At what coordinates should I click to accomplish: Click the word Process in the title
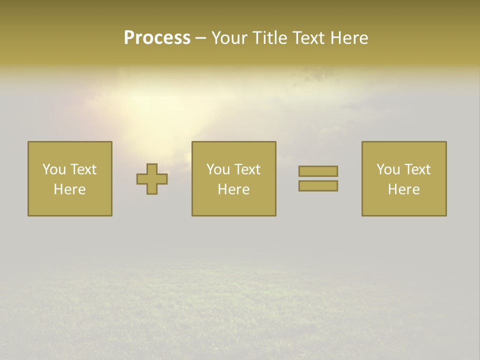click(x=157, y=38)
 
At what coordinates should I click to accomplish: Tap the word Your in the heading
click(x=230, y=38)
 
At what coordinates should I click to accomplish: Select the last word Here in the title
click(x=349, y=38)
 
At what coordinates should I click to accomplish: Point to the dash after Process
click(x=200, y=38)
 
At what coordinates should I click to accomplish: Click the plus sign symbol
click(x=152, y=179)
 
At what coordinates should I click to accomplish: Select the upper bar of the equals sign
click(x=318, y=171)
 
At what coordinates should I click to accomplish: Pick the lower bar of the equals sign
click(x=318, y=185)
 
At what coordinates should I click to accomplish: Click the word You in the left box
click(x=54, y=169)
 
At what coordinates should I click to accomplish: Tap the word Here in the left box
click(x=69, y=189)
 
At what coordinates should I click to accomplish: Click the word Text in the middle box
click(x=247, y=169)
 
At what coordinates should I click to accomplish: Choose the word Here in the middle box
click(x=233, y=189)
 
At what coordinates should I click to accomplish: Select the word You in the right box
click(x=388, y=169)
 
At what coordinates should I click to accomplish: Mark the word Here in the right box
click(x=403, y=189)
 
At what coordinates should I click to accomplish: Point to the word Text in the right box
click(x=417, y=169)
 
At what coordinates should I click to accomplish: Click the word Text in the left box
click(x=83, y=169)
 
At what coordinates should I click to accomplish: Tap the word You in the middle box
click(x=218, y=169)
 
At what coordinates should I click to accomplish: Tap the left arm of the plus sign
click(x=141, y=179)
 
